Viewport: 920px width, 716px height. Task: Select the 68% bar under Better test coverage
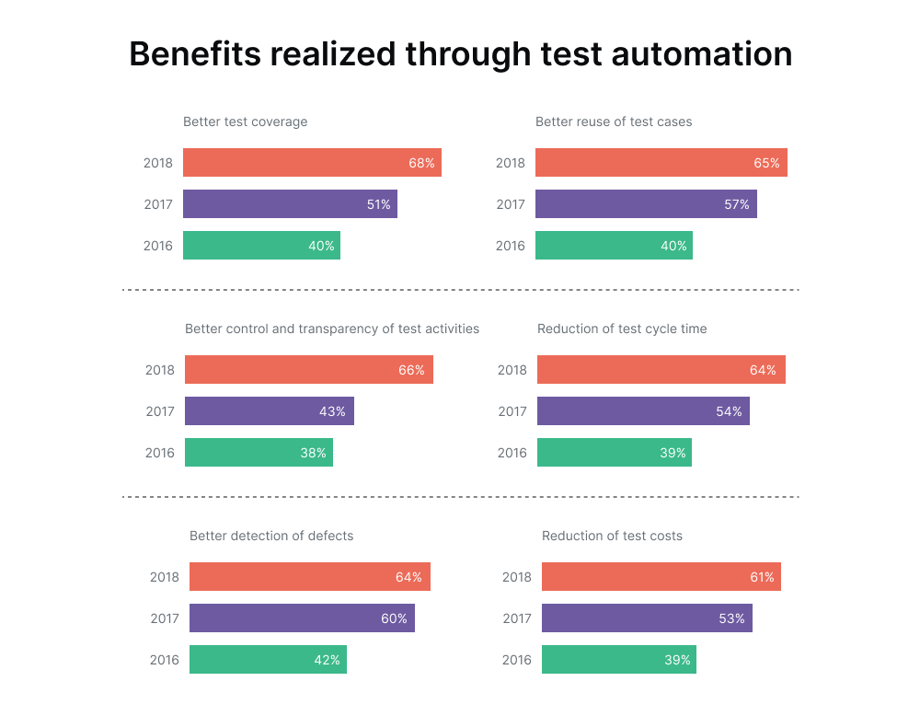(x=312, y=163)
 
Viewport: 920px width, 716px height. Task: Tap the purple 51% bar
(x=290, y=204)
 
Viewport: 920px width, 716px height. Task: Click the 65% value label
(x=766, y=163)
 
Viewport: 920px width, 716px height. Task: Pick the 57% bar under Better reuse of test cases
(x=646, y=204)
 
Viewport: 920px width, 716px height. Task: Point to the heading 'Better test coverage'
(x=245, y=121)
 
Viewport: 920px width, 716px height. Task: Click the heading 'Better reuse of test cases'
(x=614, y=121)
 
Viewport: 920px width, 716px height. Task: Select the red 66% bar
(x=308, y=370)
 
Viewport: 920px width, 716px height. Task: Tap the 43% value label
(x=332, y=411)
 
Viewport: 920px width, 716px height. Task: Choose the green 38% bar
(x=259, y=453)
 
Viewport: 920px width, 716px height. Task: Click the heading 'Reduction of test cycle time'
(x=622, y=329)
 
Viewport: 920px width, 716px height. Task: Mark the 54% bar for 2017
(x=643, y=411)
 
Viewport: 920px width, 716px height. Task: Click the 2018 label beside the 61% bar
(x=517, y=577)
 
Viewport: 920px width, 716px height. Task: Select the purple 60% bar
(x=302, y=618)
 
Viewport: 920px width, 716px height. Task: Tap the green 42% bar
(x=268, y=660)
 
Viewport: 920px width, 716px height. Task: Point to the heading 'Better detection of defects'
(x=271, y=536)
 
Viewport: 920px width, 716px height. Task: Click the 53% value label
(x=731, y=618)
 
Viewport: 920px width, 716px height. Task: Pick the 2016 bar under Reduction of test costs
(x=618, y=660)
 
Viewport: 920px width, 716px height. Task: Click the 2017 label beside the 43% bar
(x=160, y=411)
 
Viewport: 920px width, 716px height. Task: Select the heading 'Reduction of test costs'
(x=612, y=536)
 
